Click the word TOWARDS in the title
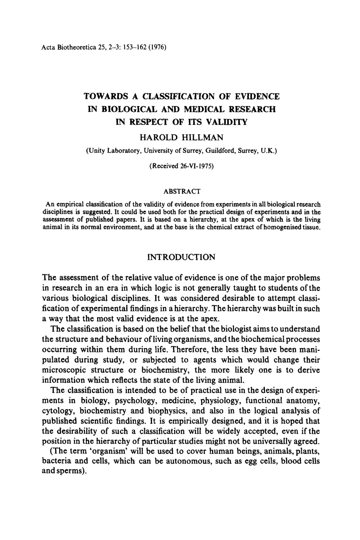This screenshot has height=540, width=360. click(x=105, y=96)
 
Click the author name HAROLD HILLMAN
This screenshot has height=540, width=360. click(x=181, y=138)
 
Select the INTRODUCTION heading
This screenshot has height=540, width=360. click(x=181, y=257)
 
